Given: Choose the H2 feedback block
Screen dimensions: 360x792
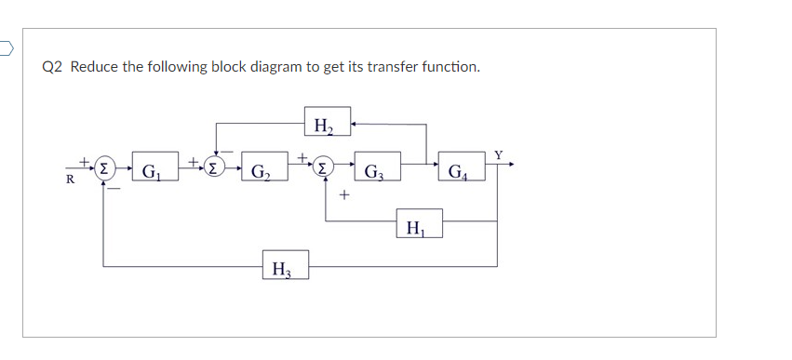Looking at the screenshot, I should point(327,123).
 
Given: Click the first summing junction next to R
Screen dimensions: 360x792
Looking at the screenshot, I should point(104,169).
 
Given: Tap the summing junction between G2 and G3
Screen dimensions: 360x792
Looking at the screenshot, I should point(323,169).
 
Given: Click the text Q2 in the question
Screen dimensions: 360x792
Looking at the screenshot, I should point(53,67).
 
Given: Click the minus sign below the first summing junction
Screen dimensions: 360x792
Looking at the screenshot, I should point(114,189).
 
